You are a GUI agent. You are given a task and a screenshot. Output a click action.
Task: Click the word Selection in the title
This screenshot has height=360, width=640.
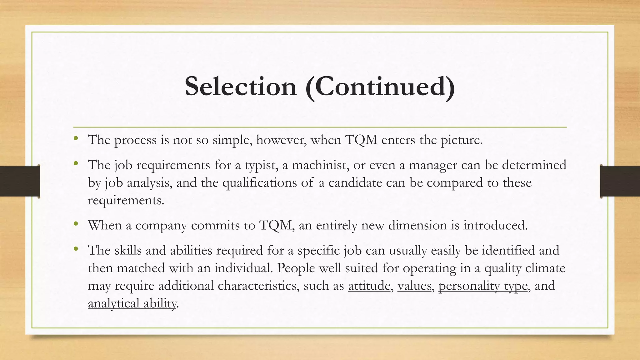(240, 87)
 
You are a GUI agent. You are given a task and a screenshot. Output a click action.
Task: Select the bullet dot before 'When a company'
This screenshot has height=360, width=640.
(76, 223)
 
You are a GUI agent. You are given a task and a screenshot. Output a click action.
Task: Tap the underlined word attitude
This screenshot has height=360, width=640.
(369, 286)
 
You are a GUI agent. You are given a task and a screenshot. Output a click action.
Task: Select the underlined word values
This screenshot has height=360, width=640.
(414, 286)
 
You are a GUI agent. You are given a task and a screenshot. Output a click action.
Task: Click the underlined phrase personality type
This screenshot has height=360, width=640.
(483, 286)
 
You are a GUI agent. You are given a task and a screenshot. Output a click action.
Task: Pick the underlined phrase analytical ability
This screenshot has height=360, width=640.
(132, 303)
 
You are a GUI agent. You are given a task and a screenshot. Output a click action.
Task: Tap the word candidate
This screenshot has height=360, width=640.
(355, 182)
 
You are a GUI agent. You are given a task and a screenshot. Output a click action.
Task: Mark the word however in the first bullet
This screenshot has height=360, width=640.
(281, 140)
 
